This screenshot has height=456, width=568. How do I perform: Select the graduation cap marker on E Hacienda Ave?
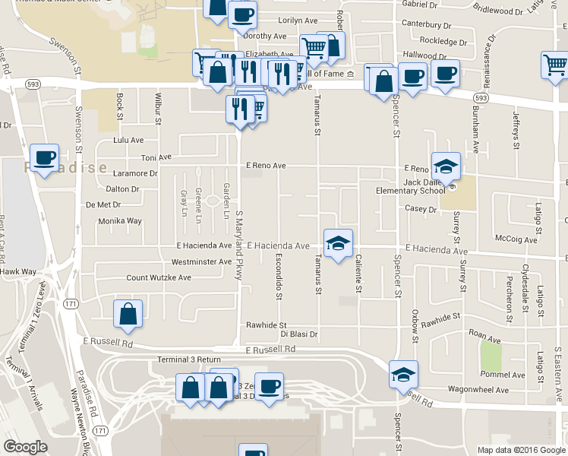(x=339, y=242)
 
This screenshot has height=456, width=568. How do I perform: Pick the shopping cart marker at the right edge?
(x=556, y=65)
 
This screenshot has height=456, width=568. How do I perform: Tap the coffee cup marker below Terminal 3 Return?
(x=269, y=386)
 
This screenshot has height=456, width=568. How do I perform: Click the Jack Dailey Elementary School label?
(x=414, y=186)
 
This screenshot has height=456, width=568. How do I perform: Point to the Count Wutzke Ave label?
(x=159, y=278)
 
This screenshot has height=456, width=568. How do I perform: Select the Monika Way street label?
(x=120, y=221)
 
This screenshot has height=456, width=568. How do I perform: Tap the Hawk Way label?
(x=18, y=271)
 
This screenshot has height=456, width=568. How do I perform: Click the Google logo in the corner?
(x=25, y=447)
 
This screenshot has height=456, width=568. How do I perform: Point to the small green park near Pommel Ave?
(x=491, y=356)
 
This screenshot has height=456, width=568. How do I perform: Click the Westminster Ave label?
(x=200, y=262)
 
